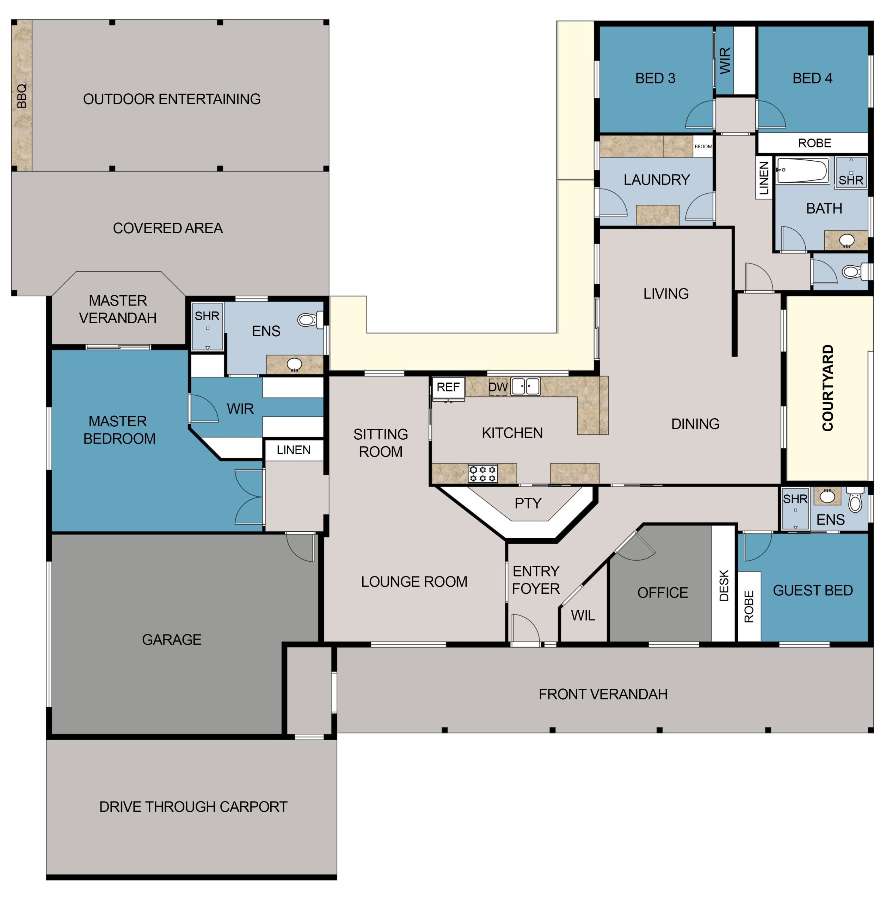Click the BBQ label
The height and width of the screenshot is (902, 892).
(x=21, y=96)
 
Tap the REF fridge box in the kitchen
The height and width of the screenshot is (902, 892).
(x=448, y=388)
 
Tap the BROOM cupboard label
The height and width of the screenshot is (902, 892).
(x=703, y=147)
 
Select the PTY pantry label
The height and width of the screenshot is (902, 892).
(x=528, y=503)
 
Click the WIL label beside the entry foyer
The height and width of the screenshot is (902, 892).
(x=583, y=615)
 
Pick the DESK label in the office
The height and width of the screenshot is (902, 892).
(x=724, y=585)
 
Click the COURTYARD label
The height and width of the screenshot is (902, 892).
(x=828, y=388)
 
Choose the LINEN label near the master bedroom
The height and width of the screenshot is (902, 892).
(x=293, y=450)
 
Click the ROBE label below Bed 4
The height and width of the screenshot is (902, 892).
(x=814, y=143)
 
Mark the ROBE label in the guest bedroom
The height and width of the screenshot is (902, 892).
(x=749, y=606)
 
